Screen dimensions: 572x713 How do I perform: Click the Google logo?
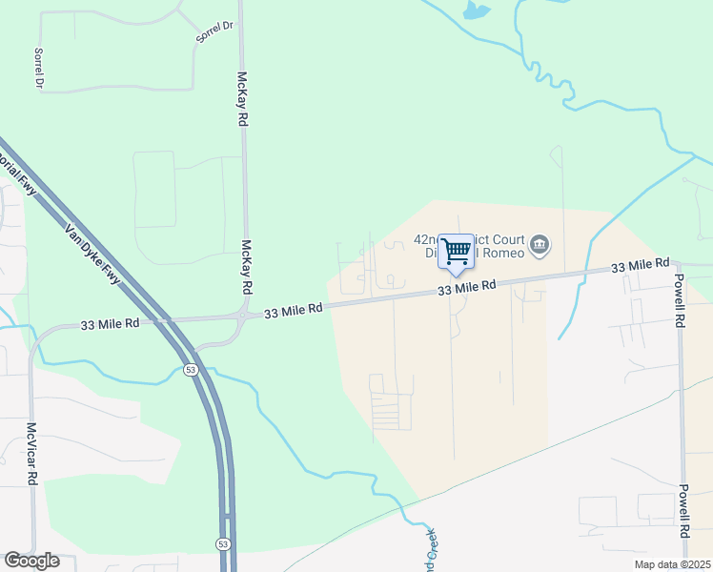coord(31,561)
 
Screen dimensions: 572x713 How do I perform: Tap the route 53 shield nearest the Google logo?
coord(223,543)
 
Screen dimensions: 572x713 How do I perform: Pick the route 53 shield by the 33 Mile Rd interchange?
coord(192,369)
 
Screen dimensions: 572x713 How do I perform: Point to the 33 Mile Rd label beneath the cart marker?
coord(467,287)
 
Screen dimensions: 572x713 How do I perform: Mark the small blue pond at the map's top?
coord(475,11)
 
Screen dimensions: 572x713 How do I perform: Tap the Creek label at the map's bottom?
coord(430,551)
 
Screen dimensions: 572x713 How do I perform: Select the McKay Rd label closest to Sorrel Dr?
coord(242,99)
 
